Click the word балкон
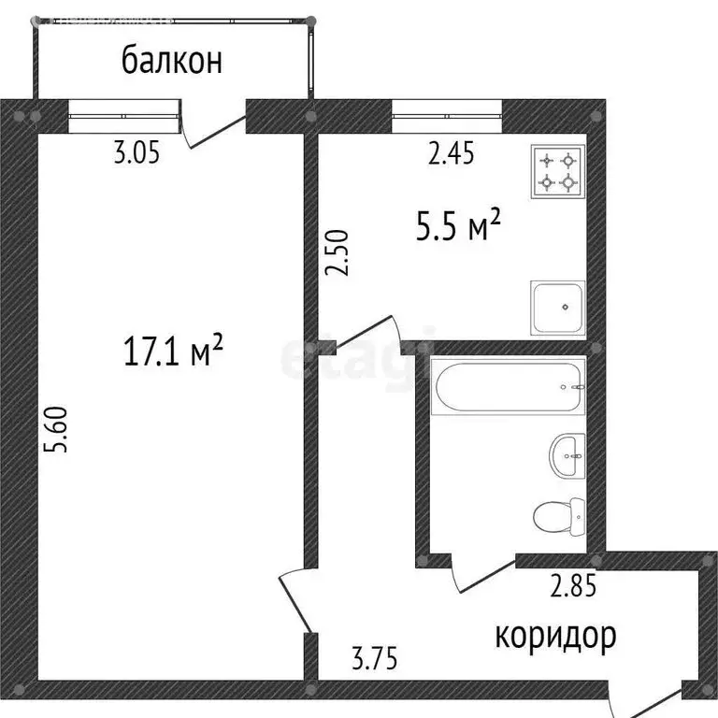pyautogui.click(x=172, y=61)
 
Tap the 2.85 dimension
pyautogui.click(x=572, y=588)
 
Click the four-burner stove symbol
pyautogui.click(x=557, y=172)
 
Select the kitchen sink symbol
pyautogui.click(x=557, y=307)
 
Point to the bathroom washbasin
pyautogui.click(x=567, y=456)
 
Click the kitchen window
pyautogui.click(x=447, y=117)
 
